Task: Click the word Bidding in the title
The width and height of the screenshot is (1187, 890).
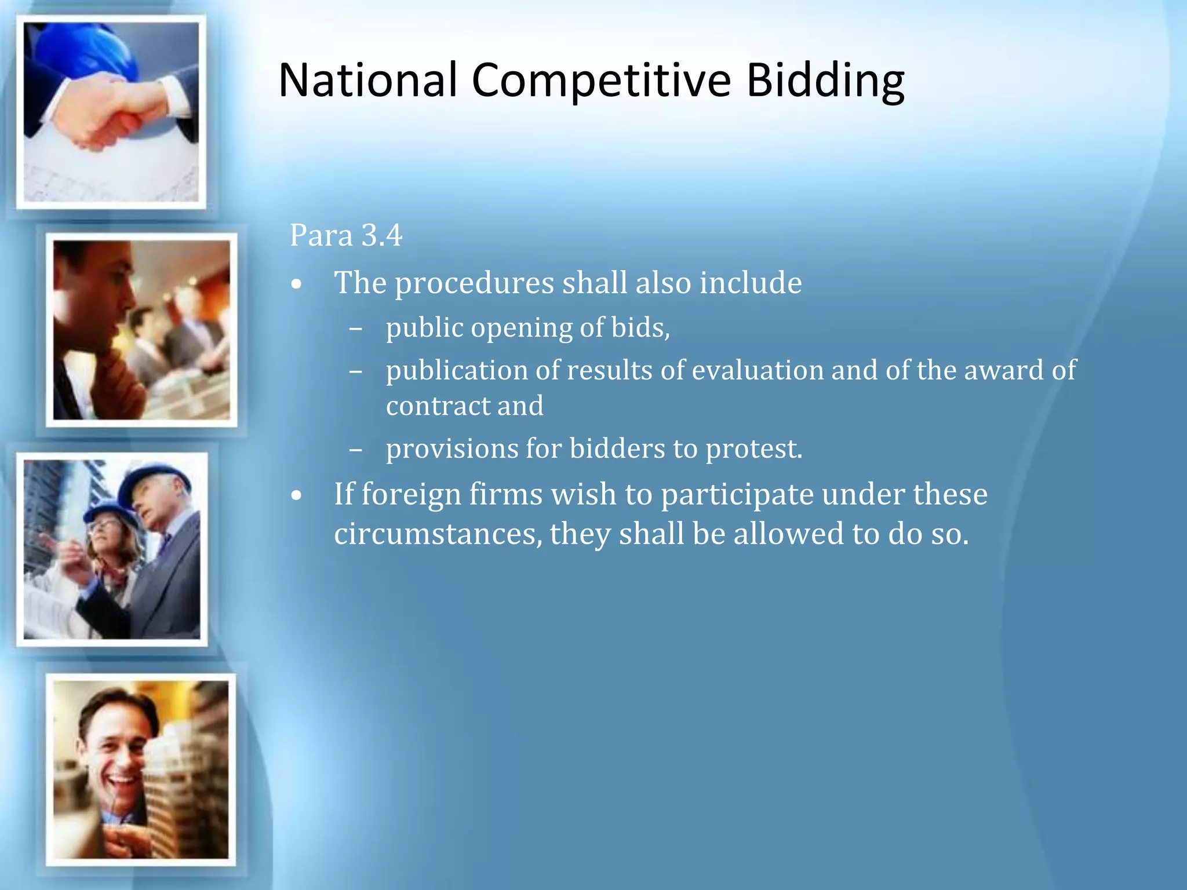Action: coord(825,81)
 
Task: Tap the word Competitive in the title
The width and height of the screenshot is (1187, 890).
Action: coord(601,81)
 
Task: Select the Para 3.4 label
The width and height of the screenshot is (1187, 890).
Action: coord(345,235)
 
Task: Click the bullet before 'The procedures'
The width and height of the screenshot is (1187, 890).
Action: coord(297,284)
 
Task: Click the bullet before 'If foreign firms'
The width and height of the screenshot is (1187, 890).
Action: coord(297,496)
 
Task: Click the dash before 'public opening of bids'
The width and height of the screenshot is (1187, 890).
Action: coord(356,329)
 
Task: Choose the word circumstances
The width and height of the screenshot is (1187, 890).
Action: coord(438,534)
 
